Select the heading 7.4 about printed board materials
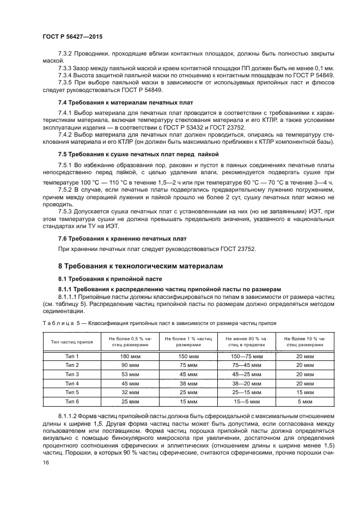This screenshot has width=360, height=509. [125, 103]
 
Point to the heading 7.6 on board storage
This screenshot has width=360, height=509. [123, 238]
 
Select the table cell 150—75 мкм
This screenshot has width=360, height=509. [247, 356]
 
